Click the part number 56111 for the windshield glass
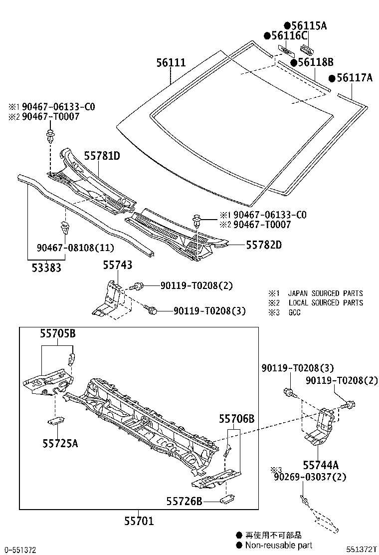click(x=171, y=63)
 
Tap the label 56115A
click(x=306, y=25)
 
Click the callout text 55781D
click(x=102, y=156)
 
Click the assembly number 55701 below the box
click(x=139, y=522)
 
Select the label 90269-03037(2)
click(x=309, y=478)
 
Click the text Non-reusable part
click(x=278, y=545)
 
